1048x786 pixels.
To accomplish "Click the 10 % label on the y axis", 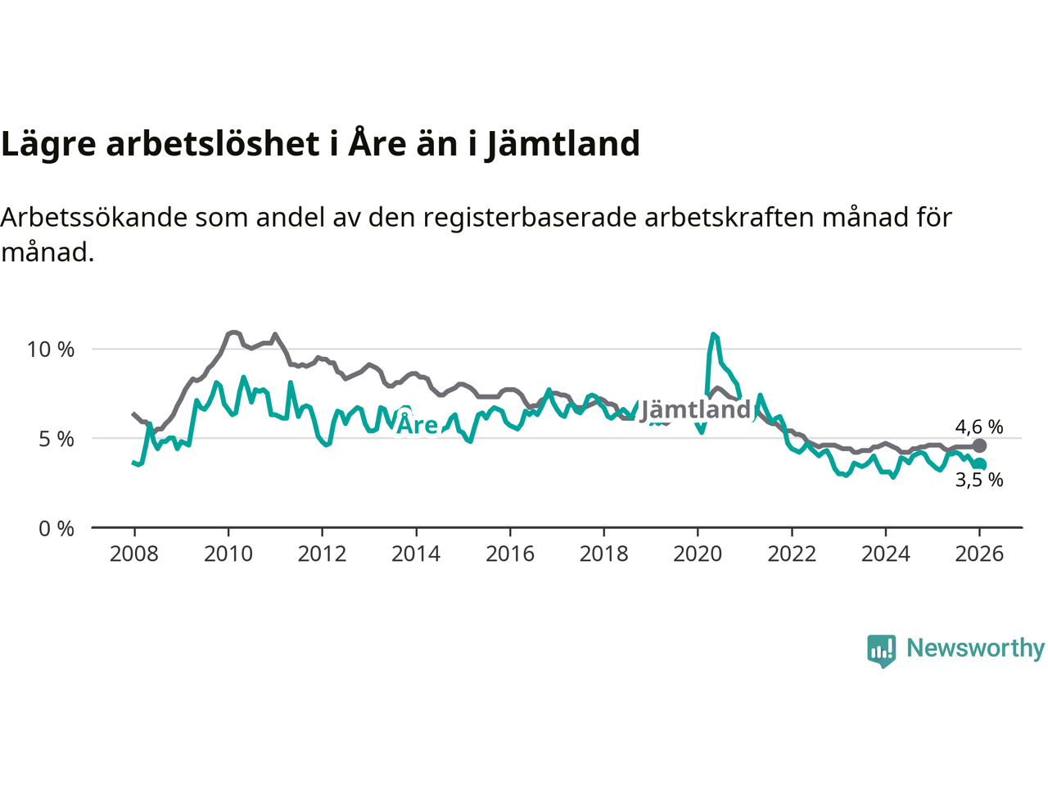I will coord(51,350).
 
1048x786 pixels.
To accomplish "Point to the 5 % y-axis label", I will coord(56,440).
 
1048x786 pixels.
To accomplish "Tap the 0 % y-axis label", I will coord(56,529).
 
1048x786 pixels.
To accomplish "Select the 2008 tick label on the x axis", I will coord(134,554).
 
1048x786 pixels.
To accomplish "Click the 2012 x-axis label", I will coord(322,554).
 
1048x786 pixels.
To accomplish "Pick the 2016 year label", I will coord(509,554).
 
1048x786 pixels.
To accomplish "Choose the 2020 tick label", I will coord(698,554).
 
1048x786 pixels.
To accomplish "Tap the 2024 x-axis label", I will coord(885,554).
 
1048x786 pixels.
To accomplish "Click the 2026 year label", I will coord(979,554).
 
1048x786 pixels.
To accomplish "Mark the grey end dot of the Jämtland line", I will coord(979,446).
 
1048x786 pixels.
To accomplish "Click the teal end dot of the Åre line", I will coord(980,464).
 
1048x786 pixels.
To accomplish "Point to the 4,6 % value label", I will coord(979,427).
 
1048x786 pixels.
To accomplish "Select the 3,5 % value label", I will coord(979,481).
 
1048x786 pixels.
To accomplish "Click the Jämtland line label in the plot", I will coord(695,409).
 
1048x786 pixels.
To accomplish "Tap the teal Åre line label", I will coord(418,424).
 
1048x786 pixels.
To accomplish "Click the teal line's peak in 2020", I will coord(714,334).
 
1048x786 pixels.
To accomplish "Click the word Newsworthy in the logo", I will coord(975,648).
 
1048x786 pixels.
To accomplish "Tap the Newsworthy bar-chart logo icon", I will coord(882,651).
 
